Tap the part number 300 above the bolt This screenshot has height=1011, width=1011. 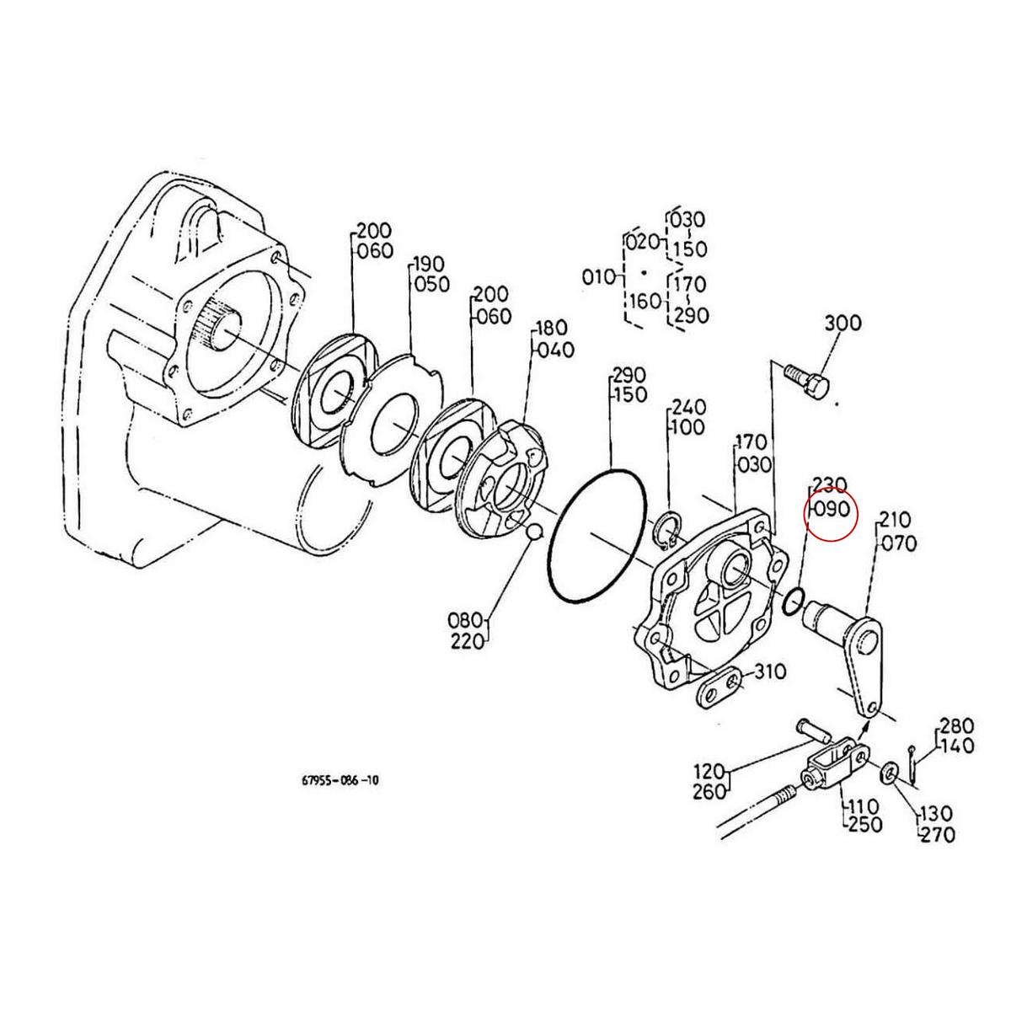[842, 323]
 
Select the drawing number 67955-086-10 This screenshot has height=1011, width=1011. [340, 780]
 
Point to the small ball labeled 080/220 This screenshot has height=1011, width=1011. [532, 532]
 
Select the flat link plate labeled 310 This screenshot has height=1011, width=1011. [719, 688]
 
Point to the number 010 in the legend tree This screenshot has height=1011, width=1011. [599, 277]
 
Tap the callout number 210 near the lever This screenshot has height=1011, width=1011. [895, 519]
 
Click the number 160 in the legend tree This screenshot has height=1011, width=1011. [645, 302]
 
